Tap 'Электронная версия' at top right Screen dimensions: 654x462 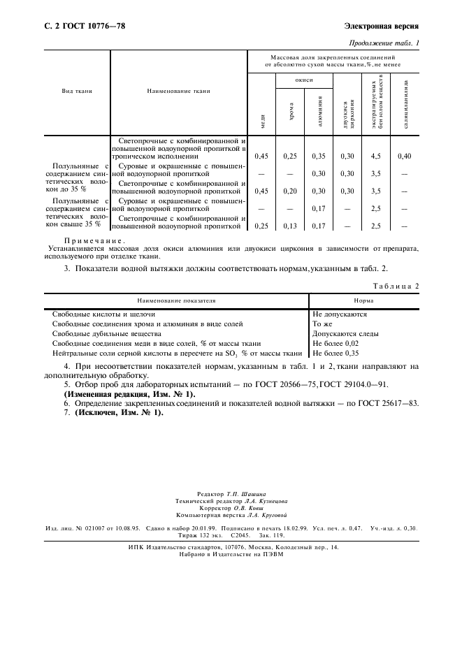pyautogui.click(x=381, y=26)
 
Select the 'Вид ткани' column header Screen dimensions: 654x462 pyautogui.click(x=77, y=91)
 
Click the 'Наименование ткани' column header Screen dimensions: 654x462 pyautogui.click(x=179, y=91)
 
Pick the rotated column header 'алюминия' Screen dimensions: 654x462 pyautogui.click(x=319, y=112)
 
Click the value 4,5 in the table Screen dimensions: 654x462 pyautogui.click(x=375, y=156)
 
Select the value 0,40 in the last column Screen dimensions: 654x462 pyautogui.click(x=404, y=156)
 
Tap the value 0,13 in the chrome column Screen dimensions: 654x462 pyautogui.click(x=290, y=226)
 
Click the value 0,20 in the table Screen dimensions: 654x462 pyautogui.click(x=290, y=190)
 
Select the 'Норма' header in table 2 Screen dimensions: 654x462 pyautogui.click(x=363, y=300)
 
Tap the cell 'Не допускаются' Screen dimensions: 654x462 pyautogui.click(x=340, y=314)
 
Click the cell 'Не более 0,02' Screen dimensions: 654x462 pyautogui.click(x=335, y=344)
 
